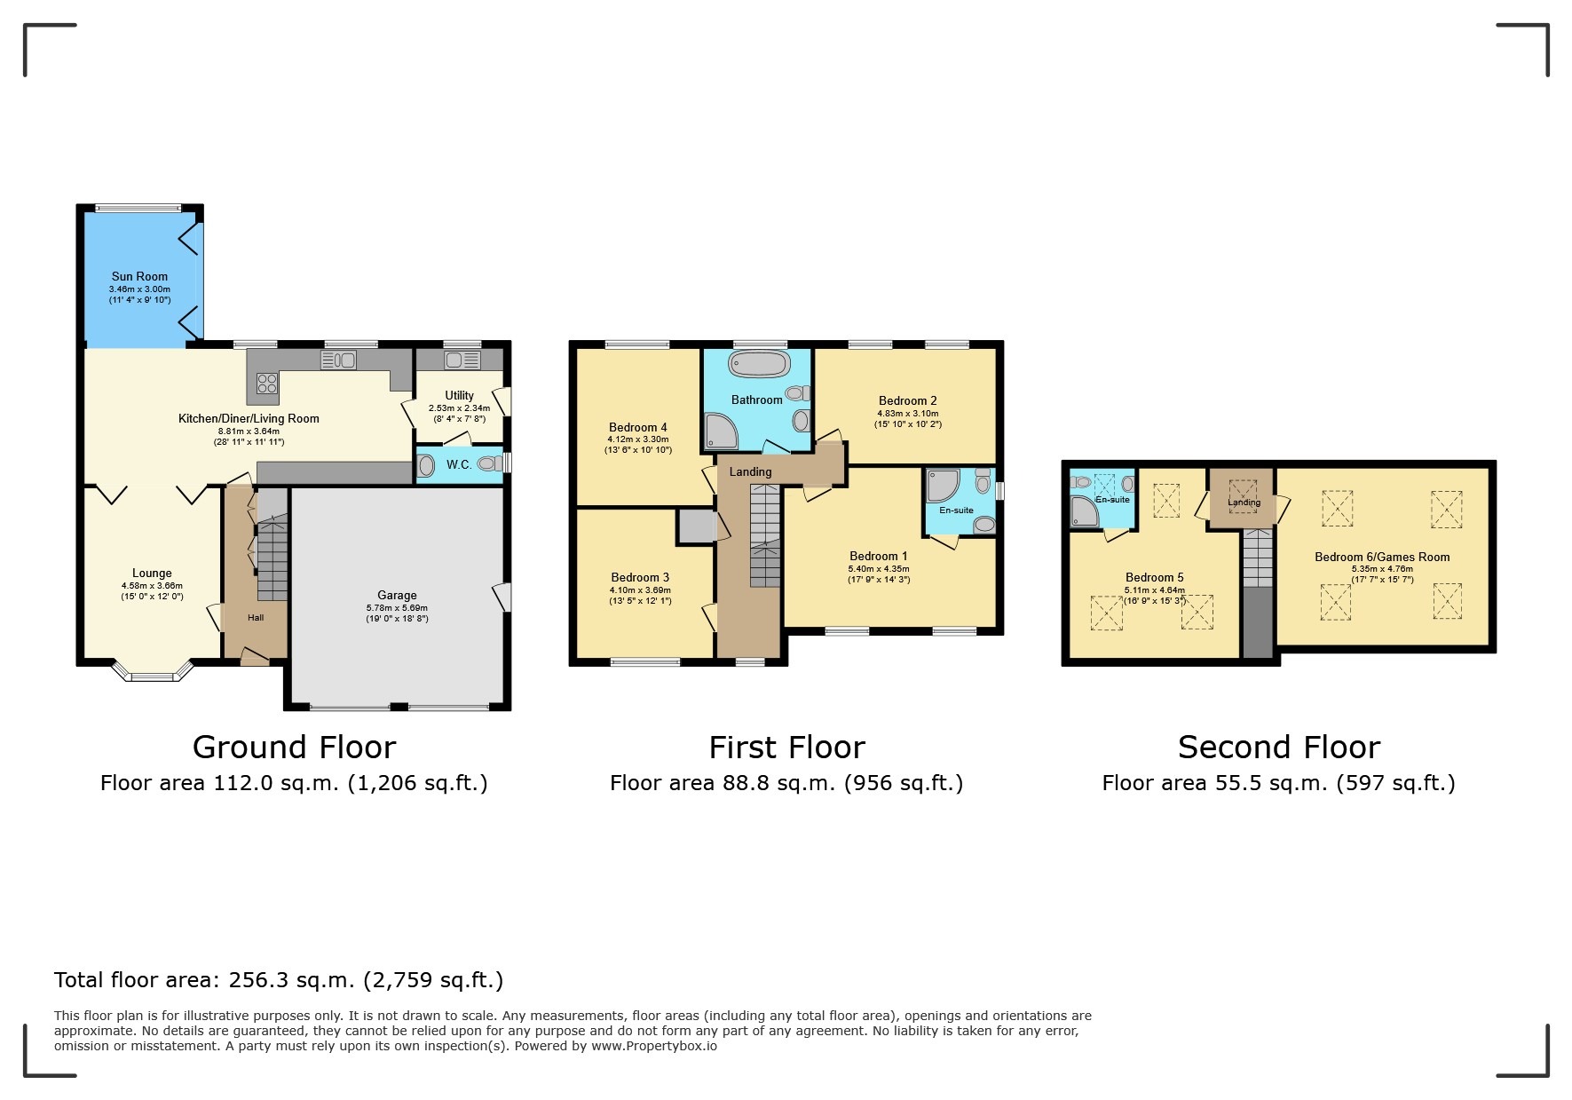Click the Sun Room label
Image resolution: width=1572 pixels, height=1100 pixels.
139,276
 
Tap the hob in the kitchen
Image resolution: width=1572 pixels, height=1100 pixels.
267,384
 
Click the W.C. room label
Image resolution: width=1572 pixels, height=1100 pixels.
459,464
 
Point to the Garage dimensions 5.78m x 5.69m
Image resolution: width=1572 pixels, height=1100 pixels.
397,607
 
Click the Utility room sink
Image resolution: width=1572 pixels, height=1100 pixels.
462,360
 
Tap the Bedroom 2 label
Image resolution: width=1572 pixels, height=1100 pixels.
907,400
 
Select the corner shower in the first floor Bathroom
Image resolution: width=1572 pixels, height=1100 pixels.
720,431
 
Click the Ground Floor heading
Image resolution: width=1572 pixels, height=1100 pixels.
294,748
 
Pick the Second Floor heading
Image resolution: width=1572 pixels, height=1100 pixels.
1278,748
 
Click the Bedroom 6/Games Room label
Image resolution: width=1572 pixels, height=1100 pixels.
1382,557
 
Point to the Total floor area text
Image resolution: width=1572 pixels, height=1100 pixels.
279,980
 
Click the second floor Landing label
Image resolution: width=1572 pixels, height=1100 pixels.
1244,503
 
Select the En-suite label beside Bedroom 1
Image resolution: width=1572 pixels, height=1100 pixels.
956,510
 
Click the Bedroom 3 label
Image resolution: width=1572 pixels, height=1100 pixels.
640,577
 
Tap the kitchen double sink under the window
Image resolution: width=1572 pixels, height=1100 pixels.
338,360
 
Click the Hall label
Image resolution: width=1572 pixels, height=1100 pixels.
256,618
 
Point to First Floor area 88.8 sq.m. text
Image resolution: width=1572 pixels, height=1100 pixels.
786,783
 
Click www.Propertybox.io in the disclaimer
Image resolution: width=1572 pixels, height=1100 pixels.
654,1046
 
